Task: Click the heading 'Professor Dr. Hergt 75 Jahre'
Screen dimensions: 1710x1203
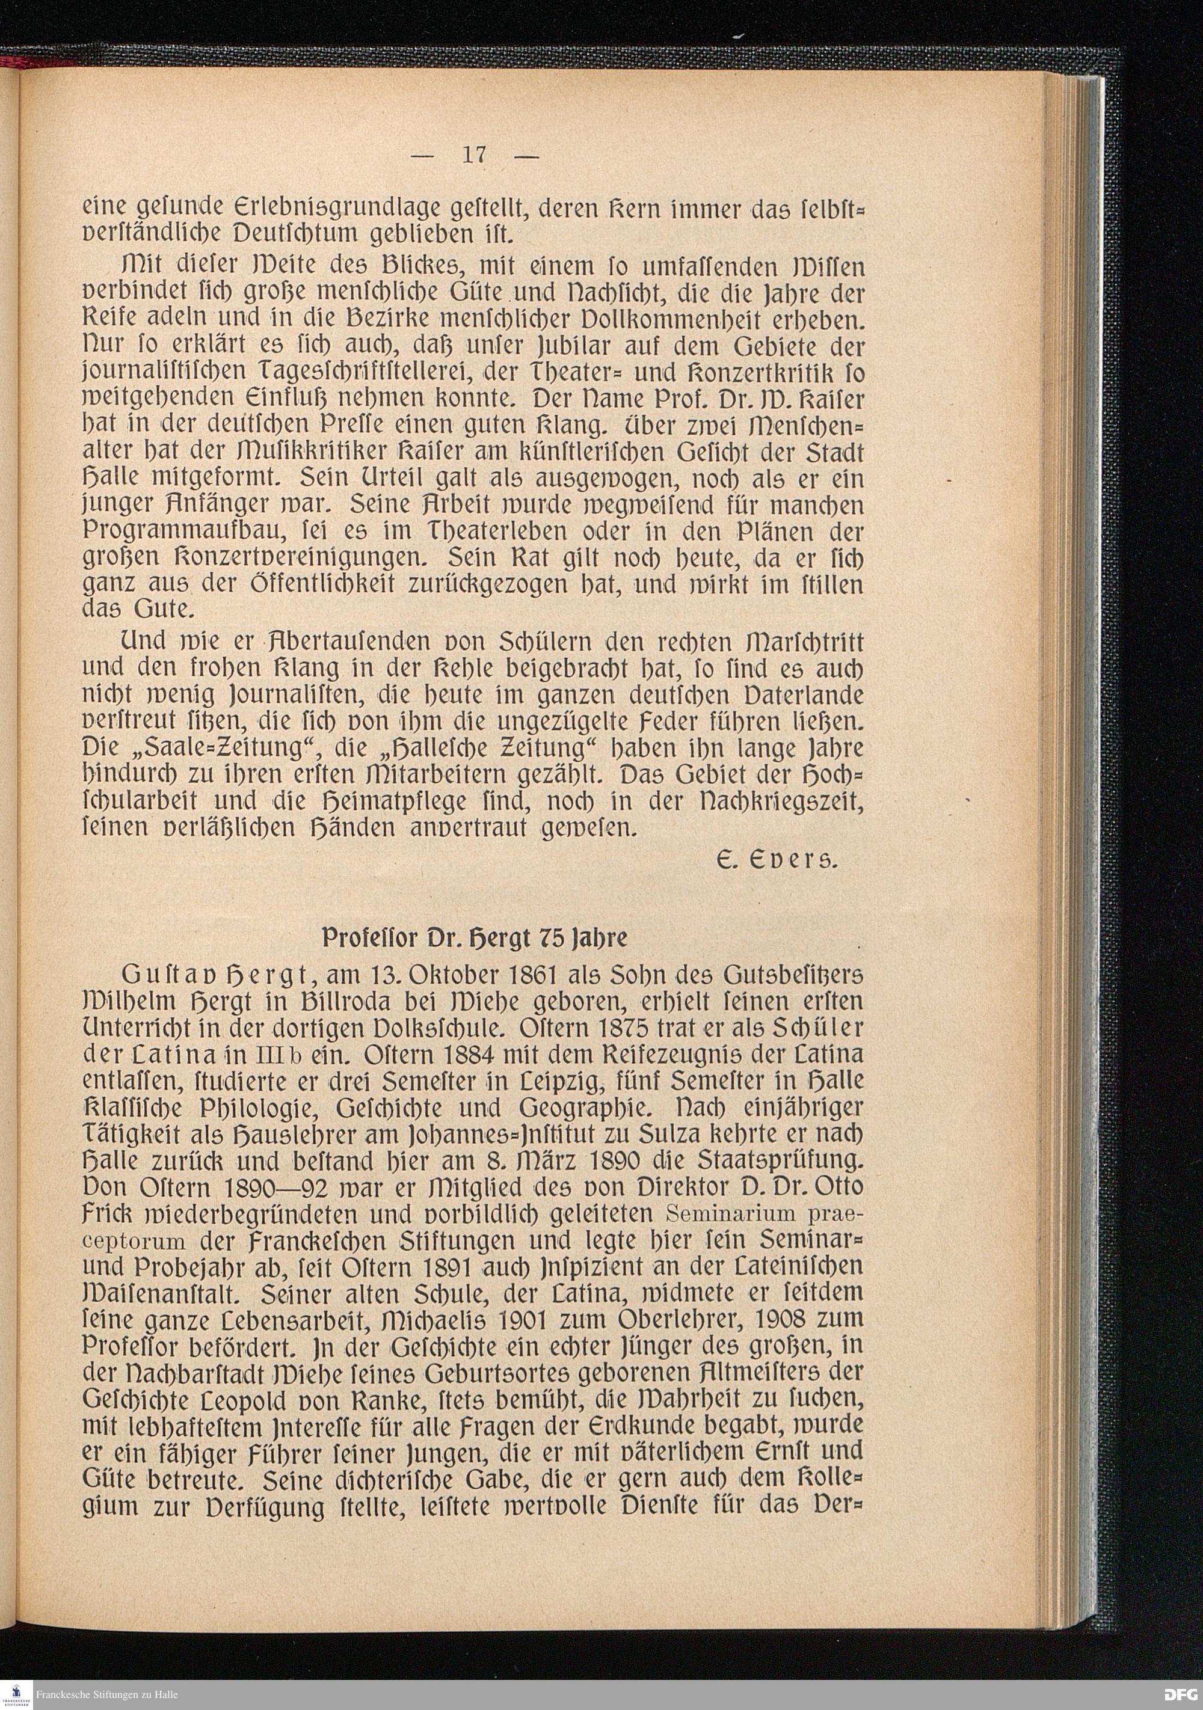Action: pyautogui.click(x=475, y=937)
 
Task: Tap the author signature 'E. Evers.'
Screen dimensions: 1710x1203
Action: pyautogui.click(x=776, y=862)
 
